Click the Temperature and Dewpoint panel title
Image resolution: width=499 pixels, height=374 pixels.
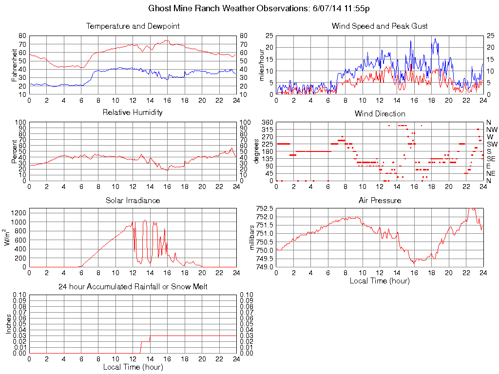(x=133, y=26)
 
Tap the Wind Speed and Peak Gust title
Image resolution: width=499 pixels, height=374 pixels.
(x=380, y=26)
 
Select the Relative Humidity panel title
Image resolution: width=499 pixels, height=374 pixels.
(x=133, y=112)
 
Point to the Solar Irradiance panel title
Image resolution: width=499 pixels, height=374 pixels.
(x=133, y=200)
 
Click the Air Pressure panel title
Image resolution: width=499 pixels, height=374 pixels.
(x=380, y=200)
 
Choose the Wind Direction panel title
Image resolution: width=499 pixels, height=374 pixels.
(x=380, y=113)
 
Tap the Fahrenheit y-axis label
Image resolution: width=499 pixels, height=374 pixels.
(x=15, y=65)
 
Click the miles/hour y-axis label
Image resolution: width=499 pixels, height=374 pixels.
(x=262, y=65)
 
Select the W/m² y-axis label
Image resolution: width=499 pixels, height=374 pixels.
(x=7, y=238)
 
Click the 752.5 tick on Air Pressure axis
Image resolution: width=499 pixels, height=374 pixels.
(x=265, y=208)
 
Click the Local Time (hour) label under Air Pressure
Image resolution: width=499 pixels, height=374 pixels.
(x=380, y=280)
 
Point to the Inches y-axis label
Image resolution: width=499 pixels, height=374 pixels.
(x=8, y=324)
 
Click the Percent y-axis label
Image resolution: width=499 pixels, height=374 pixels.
(x=15, y=151)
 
